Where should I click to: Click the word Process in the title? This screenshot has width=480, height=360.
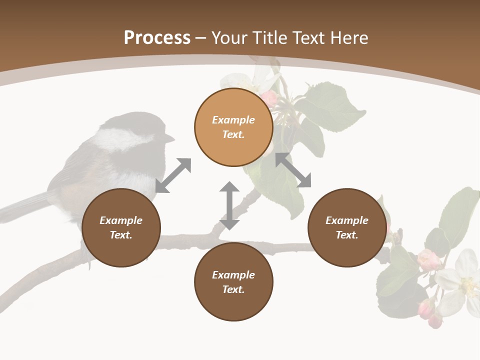click(157, 38)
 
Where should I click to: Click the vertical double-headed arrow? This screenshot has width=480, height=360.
click(229, 205)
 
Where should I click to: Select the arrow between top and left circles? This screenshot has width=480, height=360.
click(173, 175)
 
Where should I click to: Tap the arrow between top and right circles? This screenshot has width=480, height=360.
click(293, 170)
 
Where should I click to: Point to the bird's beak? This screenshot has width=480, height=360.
click(170, 138)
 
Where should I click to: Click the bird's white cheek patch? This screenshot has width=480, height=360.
click(120, 138)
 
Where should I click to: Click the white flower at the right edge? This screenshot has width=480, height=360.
click(462, 280)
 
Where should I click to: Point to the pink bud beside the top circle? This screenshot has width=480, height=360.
click(269, 98)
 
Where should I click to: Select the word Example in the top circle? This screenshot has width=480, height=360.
click(233, 120)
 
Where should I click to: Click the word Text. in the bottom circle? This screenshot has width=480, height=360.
click(233, 289)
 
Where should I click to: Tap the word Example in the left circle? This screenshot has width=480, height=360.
click(121, 220)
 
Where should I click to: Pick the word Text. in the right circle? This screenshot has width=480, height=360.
click(347, 235)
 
